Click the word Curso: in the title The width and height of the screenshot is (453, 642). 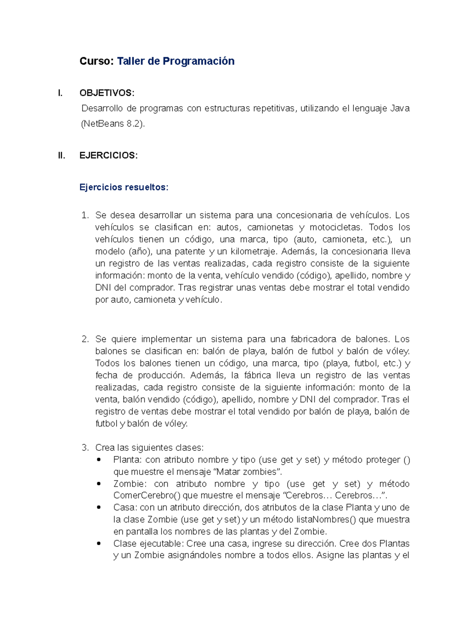[x=96, y=61]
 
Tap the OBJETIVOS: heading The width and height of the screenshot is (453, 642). [x=107, y=93]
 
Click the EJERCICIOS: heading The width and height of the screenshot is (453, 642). [x=108, y=155]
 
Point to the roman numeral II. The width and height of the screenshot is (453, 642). [x=62, y=155]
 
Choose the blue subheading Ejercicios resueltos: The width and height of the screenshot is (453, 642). [x=124, y=187]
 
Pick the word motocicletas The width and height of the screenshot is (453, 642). [x=335, y=228]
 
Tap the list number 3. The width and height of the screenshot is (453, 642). [x=85, y=448]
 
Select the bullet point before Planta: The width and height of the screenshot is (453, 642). [x=99, y=460]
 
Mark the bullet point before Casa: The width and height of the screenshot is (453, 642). [x=99, y=508]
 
